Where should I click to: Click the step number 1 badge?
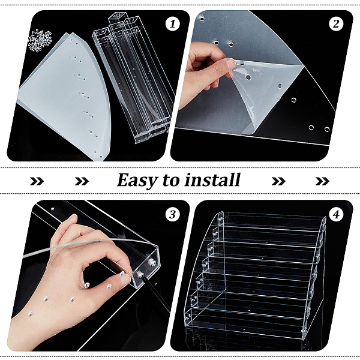pos(173,24)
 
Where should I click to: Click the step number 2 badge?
pos(336,24)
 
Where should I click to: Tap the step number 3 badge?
pos(173,214)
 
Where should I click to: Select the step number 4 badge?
pos(336,214)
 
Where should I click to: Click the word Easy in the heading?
pos(138,181)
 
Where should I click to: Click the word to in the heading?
pos(171,181)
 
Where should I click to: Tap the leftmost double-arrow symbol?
pos(37,181)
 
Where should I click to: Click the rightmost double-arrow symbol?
pos(322,181)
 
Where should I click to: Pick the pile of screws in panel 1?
pos(40,40)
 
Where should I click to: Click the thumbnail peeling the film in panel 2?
pos(230,64)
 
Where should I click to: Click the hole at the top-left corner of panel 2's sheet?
pos(202,19)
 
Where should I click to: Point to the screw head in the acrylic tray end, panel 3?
pos(152,262)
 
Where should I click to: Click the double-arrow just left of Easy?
pos(82,181)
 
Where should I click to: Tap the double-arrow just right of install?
pos(278,181)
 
